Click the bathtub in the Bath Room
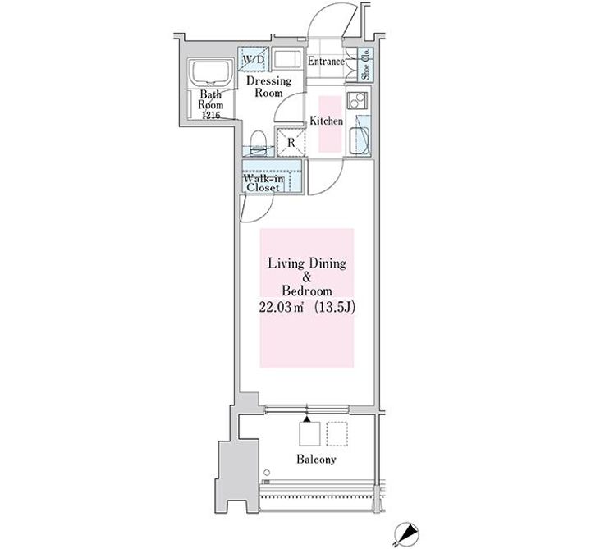[x=211, y=72]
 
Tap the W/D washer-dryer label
[x=254, y=60]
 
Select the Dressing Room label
[x=268, y=87]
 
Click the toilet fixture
[x=259, y=141]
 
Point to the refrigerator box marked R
[x=291, y=142]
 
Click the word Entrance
[x=326, y=61]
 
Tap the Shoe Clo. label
[x=365, y=65]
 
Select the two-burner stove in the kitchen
[x=357, y=100]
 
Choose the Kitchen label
[x=327, y=121]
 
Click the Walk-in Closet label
[x=263, y=182]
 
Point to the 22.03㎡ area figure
[x=282, y=308]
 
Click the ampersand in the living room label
[x=307, y=277]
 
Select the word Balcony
[x=316, y=460]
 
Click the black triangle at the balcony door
[x=307, y=419]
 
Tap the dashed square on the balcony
[x=337, y=433]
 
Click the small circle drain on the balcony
[x=267, y=473]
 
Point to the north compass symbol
[x=405, y=533]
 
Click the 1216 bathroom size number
[x=211, y=115]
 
